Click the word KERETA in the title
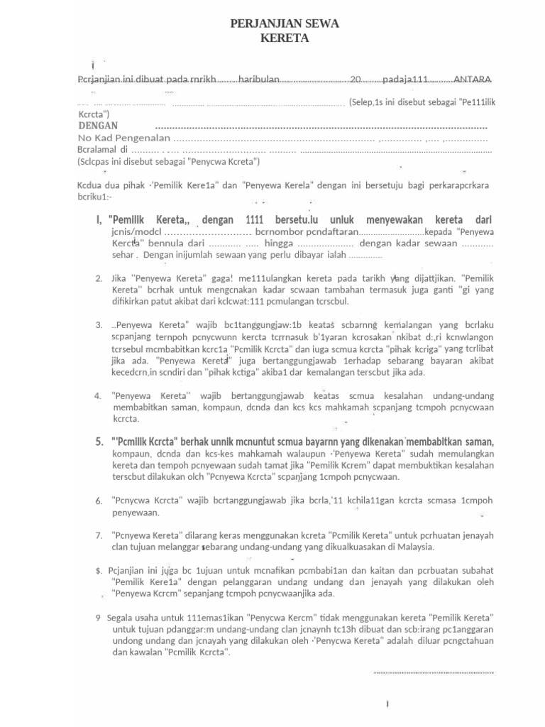pos(285,38)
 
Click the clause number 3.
pos(99,324)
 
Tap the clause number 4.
pos(98,395)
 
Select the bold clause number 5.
pos(99,442)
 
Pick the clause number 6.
pos(99,501)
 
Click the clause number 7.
pos(99,535)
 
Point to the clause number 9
pos(98,617)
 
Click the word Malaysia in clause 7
pos(412,547)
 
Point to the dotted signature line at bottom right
pos(434,672)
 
